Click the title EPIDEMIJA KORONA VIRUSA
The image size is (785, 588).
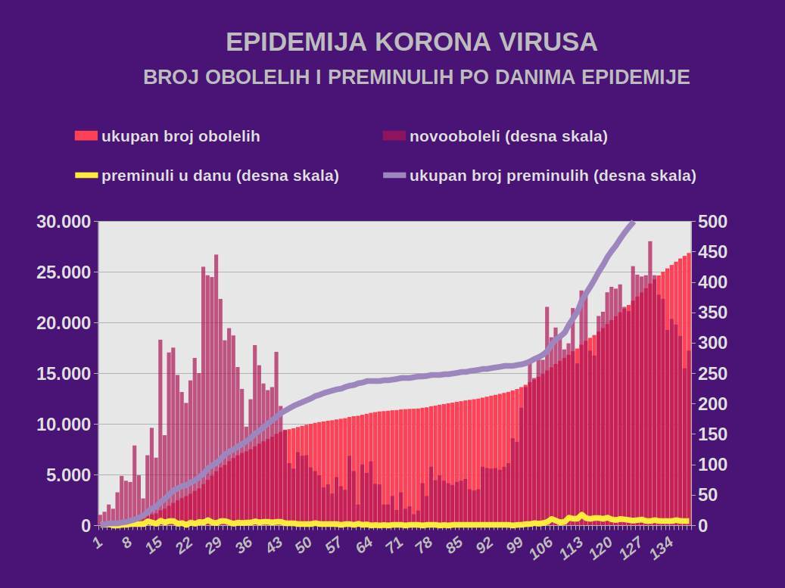(412, 42)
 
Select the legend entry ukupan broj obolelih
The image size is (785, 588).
(180, 136)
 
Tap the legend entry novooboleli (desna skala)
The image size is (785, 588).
(508, 136)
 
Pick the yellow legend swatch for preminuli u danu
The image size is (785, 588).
(86, 176)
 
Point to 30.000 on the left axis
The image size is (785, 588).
(64, 222)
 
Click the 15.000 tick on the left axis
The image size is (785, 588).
(64, 374)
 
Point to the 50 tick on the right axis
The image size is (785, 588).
(709, 495)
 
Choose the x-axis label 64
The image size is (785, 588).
(363, 546)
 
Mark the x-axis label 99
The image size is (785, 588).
(515, 546)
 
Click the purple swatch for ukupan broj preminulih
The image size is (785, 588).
(394, 176)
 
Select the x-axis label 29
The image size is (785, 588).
(213, 546)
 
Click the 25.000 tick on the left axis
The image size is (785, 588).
(64, 272)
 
